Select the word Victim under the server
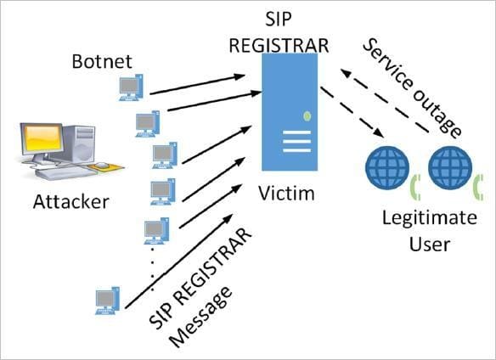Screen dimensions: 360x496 pos(286,194)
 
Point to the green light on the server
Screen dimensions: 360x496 pos(307,115)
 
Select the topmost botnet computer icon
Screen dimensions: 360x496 pos(130,87)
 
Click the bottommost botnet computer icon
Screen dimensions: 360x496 pos(106,300)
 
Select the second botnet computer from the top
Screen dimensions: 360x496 pos(147,124)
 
